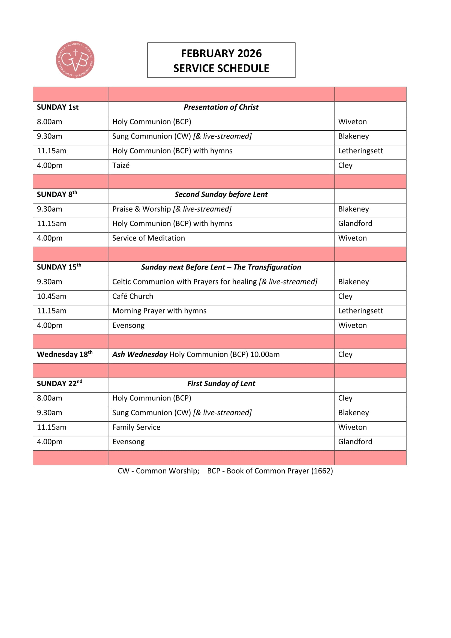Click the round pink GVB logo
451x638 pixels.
tap(75, 60)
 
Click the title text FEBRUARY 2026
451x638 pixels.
tap(221, 53)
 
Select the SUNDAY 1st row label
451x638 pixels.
tap(58, 107)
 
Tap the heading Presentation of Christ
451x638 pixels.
tap(221, 107)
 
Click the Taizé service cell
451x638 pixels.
tap(121, 166)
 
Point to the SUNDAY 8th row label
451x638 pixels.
tap(57, 194)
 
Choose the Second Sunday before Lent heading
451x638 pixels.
tap(221, 194)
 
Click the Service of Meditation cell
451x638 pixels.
tap(149, 238)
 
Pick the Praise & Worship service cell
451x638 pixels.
tap(172, 209)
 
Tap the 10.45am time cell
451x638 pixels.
tap(52, 296)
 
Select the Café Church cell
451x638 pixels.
tap(133, 296)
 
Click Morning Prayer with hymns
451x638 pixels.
tap(159, 311)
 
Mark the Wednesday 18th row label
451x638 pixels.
tap(65, 355)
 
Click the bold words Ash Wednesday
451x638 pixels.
tap(140, 355)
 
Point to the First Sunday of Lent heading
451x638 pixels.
tap(221, 384)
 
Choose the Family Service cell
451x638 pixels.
tap(136, 427)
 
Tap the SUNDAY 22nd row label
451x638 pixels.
tap(59, 384)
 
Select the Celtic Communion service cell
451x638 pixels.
tap(214, 282)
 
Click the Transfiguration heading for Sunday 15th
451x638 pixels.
tap(221, 267)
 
